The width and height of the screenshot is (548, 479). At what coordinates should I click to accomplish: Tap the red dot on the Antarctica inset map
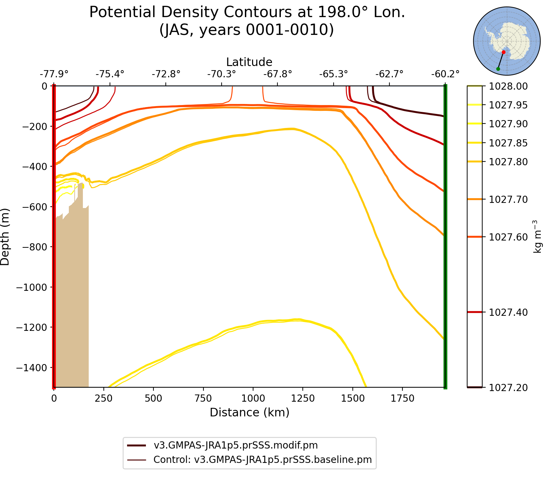pos(503,52)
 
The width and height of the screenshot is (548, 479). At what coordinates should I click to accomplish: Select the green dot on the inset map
pos(498,69)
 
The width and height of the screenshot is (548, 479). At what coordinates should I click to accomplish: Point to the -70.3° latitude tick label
pos(222,74)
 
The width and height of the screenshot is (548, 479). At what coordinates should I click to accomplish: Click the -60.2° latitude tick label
pos(445,74)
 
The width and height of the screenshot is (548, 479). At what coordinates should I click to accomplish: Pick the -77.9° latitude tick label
pos(54,74)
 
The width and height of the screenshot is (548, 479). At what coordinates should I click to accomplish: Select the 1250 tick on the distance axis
pos(302,399)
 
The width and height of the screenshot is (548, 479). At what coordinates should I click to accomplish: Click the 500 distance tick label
pos(153,399)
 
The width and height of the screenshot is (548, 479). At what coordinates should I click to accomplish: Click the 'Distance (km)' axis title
pos(249,413)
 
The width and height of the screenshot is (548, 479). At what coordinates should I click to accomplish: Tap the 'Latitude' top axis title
pos(249,62)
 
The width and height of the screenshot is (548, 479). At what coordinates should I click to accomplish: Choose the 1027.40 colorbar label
pos(508,312)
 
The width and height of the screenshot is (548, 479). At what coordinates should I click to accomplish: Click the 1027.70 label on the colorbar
pos(508,199)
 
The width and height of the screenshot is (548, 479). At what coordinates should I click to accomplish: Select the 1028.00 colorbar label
pos(508,87)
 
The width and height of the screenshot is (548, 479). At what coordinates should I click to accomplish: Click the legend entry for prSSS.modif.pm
pos(236,445)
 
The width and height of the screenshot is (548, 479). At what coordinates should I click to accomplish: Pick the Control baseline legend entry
pos(262,459)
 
